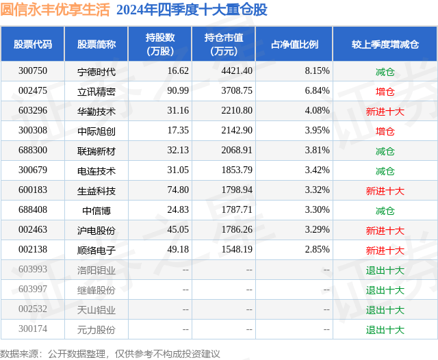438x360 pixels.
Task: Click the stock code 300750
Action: coord(33,71)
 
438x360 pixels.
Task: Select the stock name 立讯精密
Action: coord(96,91)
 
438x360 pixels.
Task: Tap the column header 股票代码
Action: coord(33,44)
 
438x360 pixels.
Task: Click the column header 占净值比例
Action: coord(294,44)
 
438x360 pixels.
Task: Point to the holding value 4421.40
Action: coord(237,71)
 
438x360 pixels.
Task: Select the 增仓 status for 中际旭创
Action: coord(385,131)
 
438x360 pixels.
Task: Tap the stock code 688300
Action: coord(33,151)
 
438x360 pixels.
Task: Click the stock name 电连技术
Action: coord(96,170)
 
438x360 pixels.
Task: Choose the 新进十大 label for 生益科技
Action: coord(385,190)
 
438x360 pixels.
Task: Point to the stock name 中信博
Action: coord(96,210)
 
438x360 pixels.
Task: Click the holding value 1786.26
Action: coord(237,230)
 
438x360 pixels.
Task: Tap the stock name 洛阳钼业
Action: coord(96,270)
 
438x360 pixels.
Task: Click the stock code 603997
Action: coord(33,290)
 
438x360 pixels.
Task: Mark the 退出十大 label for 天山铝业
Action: coord(385,309)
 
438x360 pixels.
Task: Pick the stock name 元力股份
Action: coord(96,329)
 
